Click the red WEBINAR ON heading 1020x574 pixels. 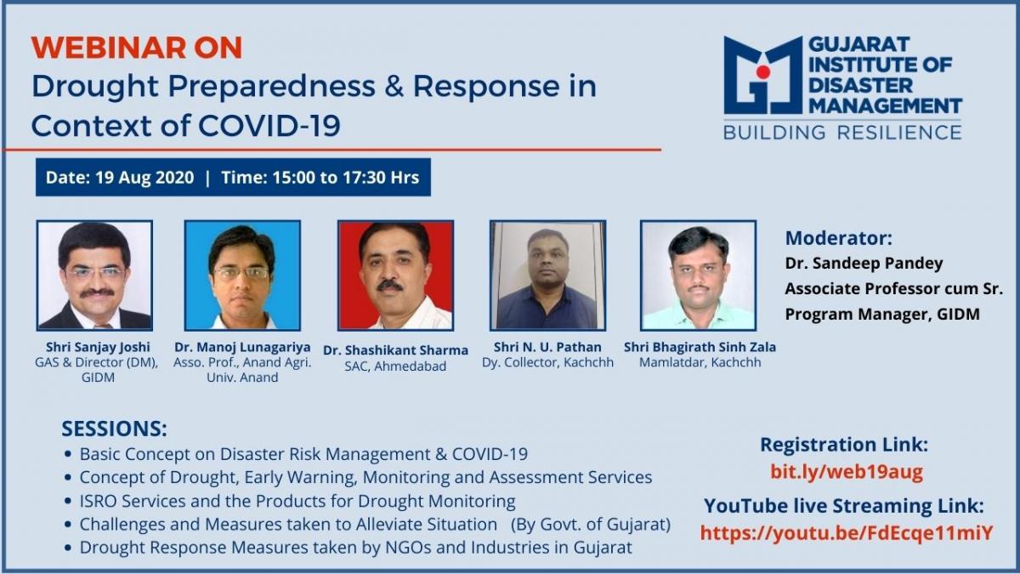[x=137, y=48]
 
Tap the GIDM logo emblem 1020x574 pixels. [x=762, y=76]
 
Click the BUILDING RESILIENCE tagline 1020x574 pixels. [x=842, y=132]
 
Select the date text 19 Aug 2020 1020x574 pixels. [x=144, y=177]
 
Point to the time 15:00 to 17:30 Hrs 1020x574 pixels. [x=346, y=177]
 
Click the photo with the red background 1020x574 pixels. [x=396, y=276]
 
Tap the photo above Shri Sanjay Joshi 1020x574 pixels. [x=94, y=276]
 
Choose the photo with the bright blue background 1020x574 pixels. [x=243, y=276]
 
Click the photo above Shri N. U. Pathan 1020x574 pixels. [x=547, y=276]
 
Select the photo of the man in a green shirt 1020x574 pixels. [x=699, y=276]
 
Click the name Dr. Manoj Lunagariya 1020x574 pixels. [x=242, y=347]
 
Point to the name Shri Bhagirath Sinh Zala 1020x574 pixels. [x=700, y=347]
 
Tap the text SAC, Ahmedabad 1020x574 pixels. [x=395, y=367]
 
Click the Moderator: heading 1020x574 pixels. [x=839, y=238]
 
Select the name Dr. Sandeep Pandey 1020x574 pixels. [x=864, y=264]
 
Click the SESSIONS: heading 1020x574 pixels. [x=114, y=429]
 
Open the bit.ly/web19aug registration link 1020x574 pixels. [x=847, y=471]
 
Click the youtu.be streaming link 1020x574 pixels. [x=847, y=533]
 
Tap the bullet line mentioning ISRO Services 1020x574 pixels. [x=297, y=501]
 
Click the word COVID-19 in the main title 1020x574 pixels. [x=269, y=125]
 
